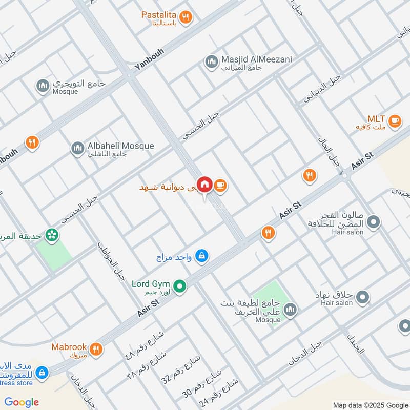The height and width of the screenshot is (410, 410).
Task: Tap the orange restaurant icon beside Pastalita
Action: [187, 17]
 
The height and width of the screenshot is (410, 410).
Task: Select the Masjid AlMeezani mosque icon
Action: [211, 62]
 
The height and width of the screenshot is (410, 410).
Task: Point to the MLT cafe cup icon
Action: [394, 121]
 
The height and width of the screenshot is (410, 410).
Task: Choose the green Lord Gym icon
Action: [179, 286]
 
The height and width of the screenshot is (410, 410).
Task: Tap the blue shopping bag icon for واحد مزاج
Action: [202, 255]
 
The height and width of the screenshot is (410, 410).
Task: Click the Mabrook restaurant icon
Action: [96, 350]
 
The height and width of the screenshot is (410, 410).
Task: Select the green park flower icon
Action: [52, 235]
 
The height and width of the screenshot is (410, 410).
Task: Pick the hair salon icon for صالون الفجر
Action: [375, 222]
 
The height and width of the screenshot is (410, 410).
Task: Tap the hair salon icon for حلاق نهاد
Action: [363, 297]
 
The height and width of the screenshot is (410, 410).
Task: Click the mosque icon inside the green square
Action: [290, 310]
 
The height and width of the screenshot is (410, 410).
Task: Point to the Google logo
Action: [22, 402]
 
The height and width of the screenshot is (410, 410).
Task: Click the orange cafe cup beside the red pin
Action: [220, 186]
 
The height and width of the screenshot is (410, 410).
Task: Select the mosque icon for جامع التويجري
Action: [43, 85]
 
